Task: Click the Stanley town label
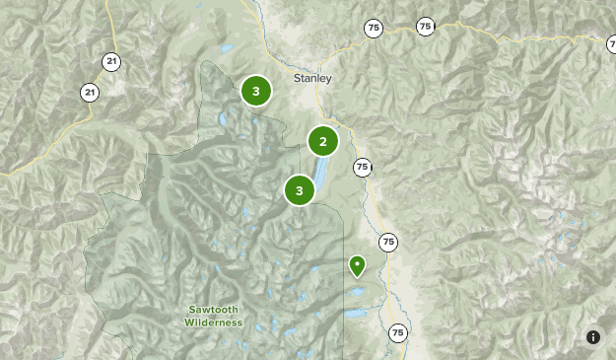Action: click(312, 78)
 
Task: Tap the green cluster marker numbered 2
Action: click(322, 141)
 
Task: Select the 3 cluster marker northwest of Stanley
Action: click(256, 92)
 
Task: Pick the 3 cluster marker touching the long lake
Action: click(299, 189)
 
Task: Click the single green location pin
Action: click(357, 264)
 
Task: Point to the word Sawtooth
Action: click(214, 310)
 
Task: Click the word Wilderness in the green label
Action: click(214, 323)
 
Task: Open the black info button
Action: click(593, 337)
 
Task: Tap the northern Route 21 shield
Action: click(111, 61)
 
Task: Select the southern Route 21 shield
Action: click(90, 93)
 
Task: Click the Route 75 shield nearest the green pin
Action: click(388, 242)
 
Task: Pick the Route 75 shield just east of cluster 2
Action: click(362, 167)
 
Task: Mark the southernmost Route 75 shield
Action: click(397, 332)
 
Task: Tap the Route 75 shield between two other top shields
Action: click(425, 27)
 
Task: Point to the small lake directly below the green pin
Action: click(355, 293)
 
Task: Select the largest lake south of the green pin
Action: click(355, 314)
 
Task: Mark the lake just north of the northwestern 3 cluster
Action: click(228, 48)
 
